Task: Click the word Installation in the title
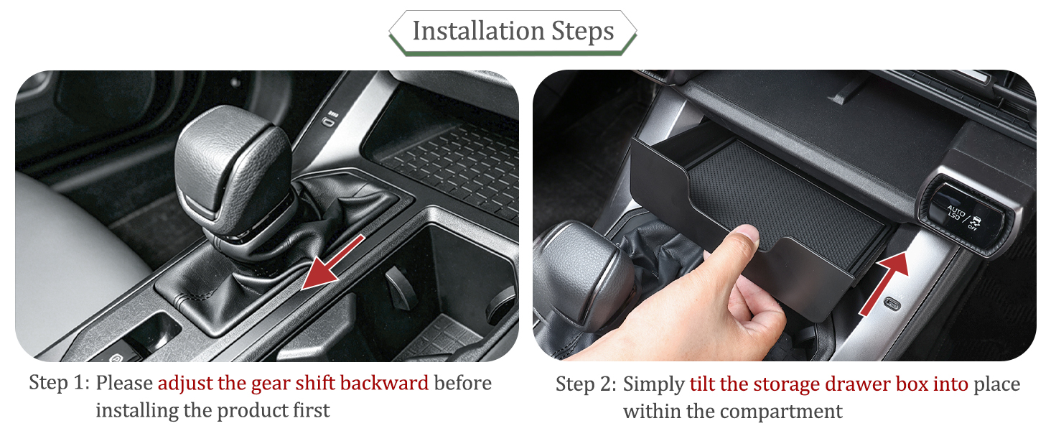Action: click(x=479, y=31)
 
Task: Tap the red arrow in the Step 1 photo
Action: click(x=333, y=261)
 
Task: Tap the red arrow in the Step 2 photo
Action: click(x=884, y=284)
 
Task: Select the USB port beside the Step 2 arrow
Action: click(x=892, y=304)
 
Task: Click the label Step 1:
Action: click(x=59, y=382)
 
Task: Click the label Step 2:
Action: click(x=586, y=384)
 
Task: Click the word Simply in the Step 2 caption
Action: click(x=653, y=385)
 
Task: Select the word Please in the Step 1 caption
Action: click(x=124, y=383)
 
